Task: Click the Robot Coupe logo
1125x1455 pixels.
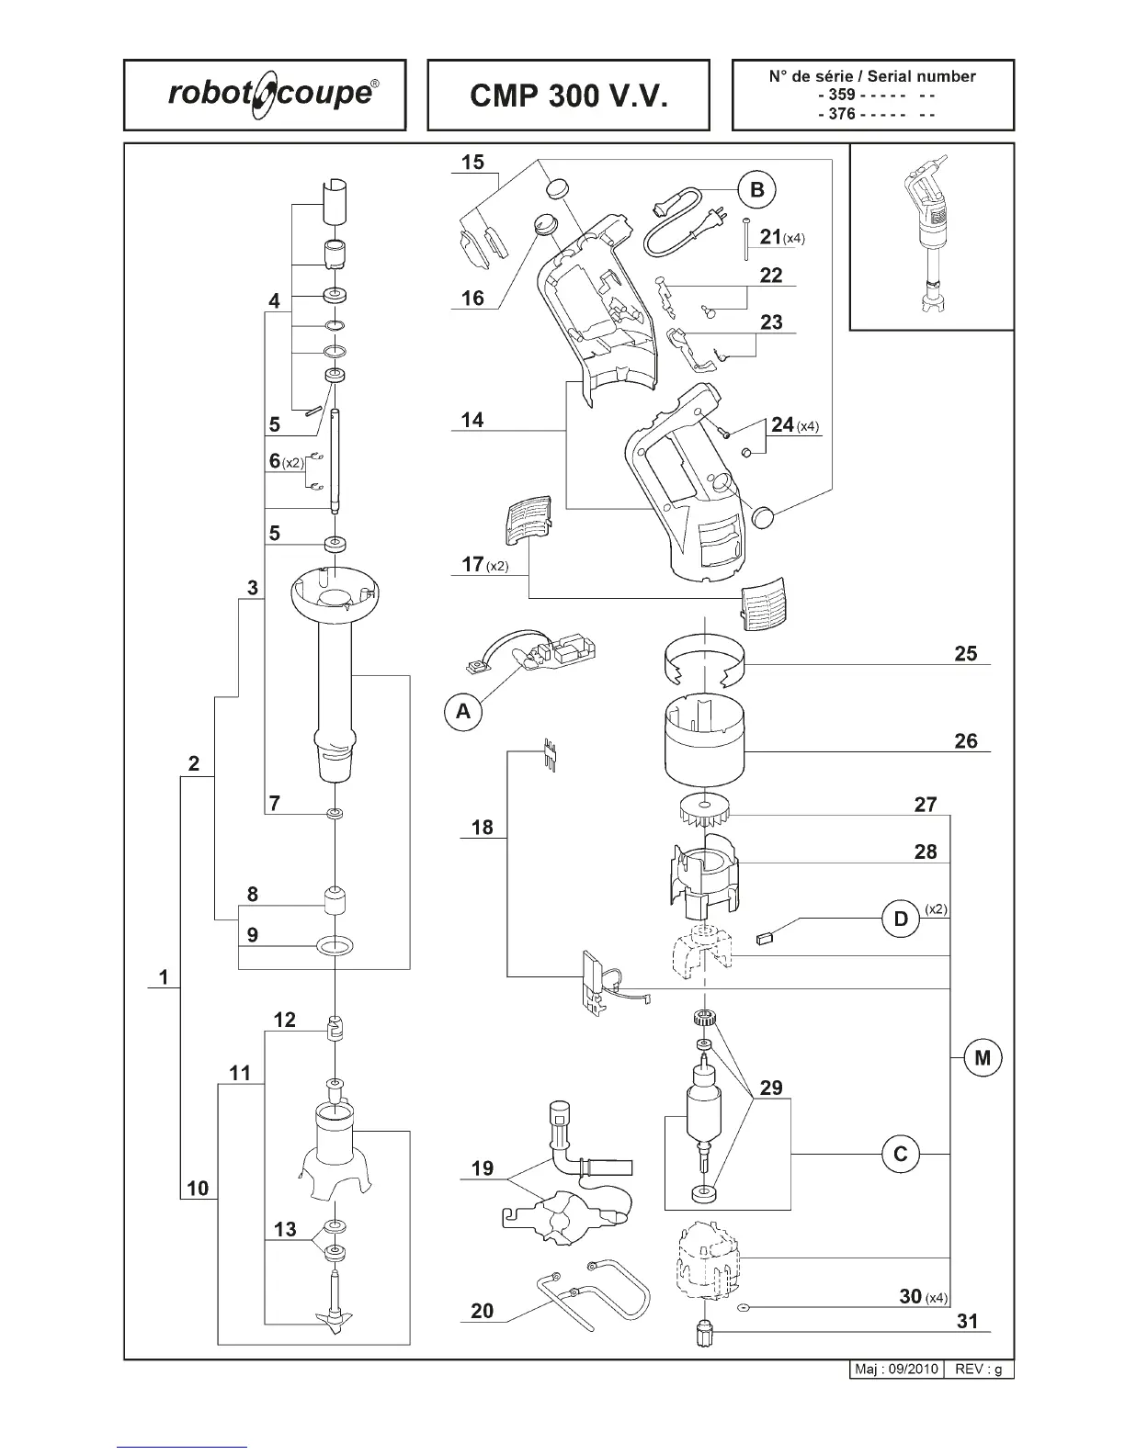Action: [265, 95]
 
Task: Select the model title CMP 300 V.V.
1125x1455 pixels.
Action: [568, 96]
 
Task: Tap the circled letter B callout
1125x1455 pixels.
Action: [757, 190]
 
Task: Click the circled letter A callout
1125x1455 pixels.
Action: [463, 711]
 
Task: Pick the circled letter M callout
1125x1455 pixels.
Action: [983, 1057]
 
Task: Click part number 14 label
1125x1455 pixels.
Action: [472, 420]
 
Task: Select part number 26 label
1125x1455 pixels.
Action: [965, 740]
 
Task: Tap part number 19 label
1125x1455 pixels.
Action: [482, 1168]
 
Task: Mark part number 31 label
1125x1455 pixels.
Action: [966, 1322]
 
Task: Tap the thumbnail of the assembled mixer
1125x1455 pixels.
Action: [930, 237]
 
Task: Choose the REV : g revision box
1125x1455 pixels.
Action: [978, 1370]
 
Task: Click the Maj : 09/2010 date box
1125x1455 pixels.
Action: [896, 1370]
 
